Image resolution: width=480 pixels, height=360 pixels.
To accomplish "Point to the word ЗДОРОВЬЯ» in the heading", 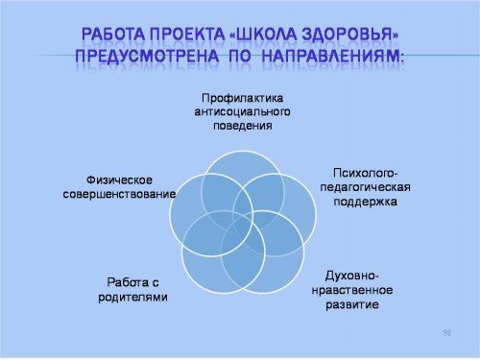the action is point(351,35).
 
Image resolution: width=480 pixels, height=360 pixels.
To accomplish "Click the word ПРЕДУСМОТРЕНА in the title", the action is point(147,56).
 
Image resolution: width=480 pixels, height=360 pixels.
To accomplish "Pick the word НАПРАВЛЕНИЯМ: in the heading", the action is point(333,56).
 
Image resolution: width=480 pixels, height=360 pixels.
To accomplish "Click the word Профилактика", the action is point(243,98).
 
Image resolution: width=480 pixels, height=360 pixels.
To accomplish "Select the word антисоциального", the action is point(243,112).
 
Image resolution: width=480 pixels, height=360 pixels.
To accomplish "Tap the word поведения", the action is point(243,126).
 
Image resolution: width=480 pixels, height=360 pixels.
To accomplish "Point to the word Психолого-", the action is point(365,173).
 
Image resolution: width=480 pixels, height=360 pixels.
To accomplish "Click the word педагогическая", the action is point(365,187).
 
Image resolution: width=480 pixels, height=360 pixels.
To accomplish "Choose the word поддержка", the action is point(365,202).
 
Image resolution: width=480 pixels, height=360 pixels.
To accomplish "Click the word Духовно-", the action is point(352,276).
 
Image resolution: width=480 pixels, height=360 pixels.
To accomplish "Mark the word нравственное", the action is point(352,290).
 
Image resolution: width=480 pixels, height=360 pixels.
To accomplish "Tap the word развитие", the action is point(352,304).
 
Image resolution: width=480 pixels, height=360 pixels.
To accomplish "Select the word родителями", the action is point(132,297).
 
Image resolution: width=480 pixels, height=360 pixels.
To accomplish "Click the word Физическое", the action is point(119,180).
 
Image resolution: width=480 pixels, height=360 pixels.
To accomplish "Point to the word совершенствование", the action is point(119,194).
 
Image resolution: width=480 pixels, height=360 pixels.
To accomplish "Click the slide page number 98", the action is point(447,333).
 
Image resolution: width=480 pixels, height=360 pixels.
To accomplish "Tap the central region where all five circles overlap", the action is point(243,225).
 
